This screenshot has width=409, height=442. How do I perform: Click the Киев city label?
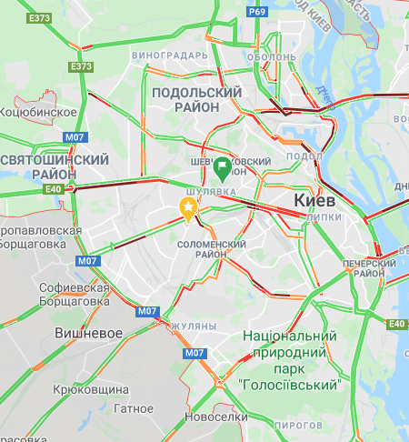click(315, 200)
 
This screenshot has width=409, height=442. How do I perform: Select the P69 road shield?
click(258, 12)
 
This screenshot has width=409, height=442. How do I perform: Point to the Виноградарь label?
click(170, 55)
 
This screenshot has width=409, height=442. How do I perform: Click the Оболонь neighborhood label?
click(272, 56)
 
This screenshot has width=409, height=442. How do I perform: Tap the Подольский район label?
click(197, 100)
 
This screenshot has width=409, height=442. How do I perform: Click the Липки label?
click(324, 218)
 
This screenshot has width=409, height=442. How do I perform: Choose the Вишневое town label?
click(87, 333)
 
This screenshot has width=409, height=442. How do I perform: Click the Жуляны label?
click(194, 325)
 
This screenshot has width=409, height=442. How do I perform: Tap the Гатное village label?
click(135, 408)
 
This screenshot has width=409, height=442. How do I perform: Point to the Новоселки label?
click(215, 417)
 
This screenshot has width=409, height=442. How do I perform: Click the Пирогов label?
click(298, 425)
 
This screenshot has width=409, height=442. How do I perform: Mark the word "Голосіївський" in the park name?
click(290, 385)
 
